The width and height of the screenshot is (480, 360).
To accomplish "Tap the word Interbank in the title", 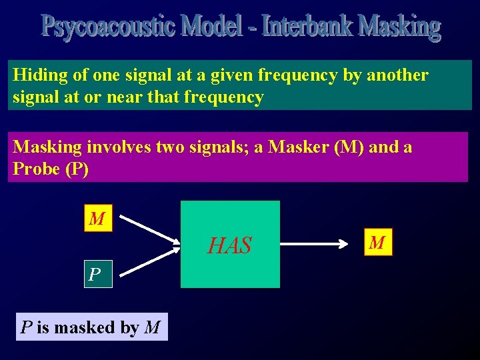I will tap(307, 27).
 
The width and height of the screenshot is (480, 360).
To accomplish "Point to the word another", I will tap(396, 75).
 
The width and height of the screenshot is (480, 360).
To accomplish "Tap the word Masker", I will tap(299, 147).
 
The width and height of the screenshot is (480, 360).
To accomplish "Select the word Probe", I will tap(37, 169).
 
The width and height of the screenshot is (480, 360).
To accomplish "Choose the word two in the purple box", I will tap(177, 147).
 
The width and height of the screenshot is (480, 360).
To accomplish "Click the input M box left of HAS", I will tap(97, 219).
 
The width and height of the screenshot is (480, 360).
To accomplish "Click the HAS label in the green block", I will tap(229, 246).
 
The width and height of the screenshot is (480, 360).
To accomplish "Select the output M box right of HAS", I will tap(377, 242).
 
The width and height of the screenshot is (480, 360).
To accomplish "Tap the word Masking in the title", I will tap(399, 27).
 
